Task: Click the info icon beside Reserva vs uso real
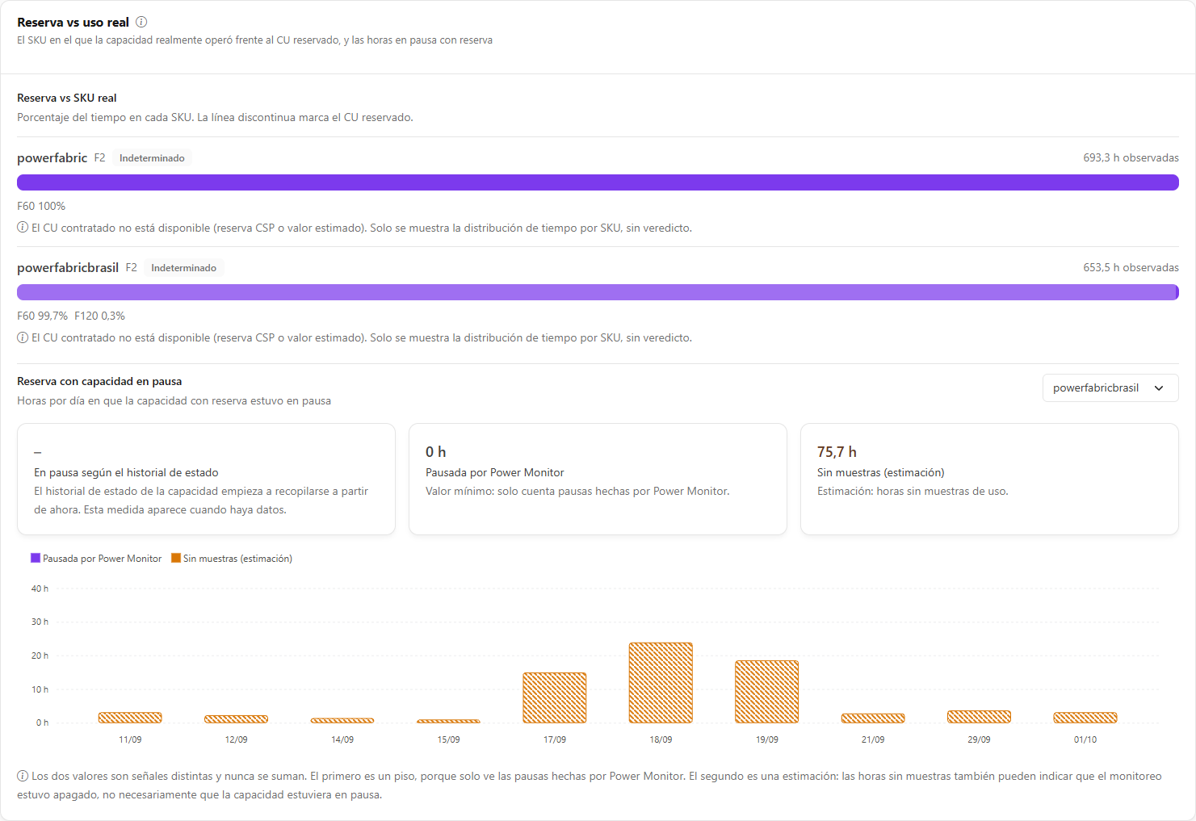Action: pos(141,22)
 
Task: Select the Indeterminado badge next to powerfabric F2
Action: pos(152,158)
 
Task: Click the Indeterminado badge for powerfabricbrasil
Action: pos(183,268)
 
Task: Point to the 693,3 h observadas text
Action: pos(1131,158)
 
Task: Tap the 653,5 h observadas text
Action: pos(1131,268)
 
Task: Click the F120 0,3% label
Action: pos(99,316)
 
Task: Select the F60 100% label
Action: pos(41,206)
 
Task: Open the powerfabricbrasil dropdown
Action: pos(1110,388)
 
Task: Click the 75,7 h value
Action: pos(837,452)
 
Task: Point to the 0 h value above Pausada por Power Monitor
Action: pos(436,452)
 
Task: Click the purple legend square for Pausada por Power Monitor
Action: pos(36,558)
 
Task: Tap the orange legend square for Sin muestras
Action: pos(176,558)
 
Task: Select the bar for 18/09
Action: pos(661,683)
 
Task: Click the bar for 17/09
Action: pos(554,697)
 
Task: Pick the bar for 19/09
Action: pos(766,692)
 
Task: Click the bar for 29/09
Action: pos(979,717)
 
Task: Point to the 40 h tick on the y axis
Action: pos(40,589)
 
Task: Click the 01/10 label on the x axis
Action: pos(1085,739)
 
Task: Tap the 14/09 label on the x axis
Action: pos(342,739)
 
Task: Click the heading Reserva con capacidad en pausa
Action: pos(99,381)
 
